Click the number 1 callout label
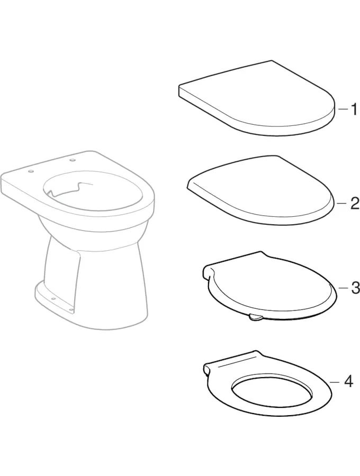click(354, 109)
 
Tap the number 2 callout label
click(354, 204)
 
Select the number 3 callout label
click(355, 288)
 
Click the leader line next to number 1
click(343, 108)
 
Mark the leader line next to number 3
click(343, 288)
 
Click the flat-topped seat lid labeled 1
click(257, 98)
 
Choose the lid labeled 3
click(269, 286)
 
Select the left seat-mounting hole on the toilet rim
click(30, 172)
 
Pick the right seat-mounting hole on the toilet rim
click(73, 160)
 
